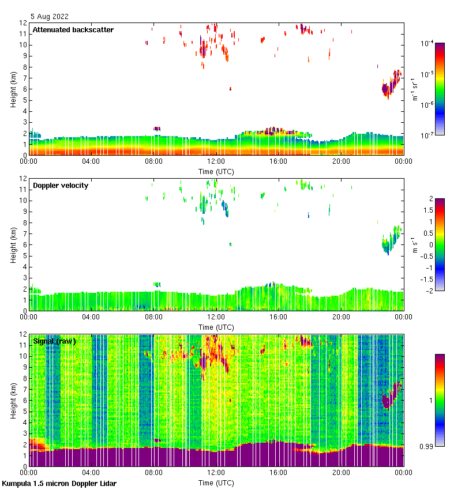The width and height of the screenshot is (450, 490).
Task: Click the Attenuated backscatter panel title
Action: pyautogui.click(x=73, y=30)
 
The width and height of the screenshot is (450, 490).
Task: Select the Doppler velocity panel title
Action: pyautogui.click(x=61, y=186)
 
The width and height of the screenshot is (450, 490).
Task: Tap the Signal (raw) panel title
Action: pyautogui.click(x=54, y=341)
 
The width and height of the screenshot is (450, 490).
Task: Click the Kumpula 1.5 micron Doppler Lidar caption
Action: pyautogui.click(x=59, y=483)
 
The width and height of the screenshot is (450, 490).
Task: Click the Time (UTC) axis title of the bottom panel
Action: pyautogui.click(x=216, y=483)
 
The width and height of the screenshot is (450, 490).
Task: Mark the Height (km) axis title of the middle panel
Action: pyautogui.click(x=13, y=244)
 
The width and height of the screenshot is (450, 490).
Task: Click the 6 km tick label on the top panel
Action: pyautogui.click(x=25, y=89)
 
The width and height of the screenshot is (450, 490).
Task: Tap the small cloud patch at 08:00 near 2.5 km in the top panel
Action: pyautogui.click(x=156, y=129)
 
